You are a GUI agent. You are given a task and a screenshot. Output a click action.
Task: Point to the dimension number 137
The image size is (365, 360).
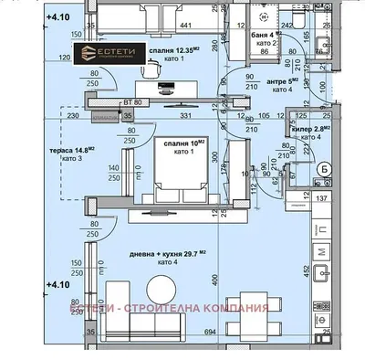(x=320, y=198)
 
